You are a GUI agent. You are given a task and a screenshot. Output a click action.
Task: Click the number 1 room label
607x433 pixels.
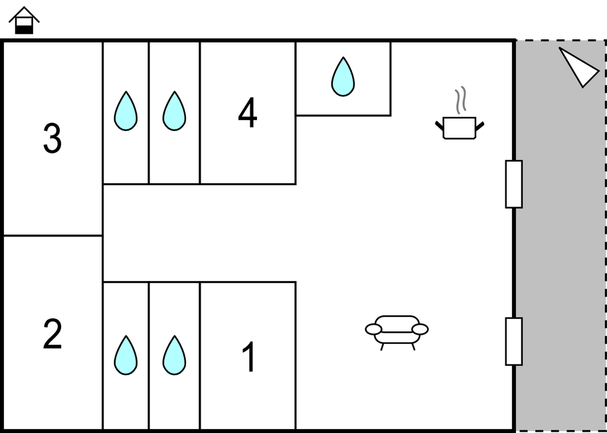tap(248, 358)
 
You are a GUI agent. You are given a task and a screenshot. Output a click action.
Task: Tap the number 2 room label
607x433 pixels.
tap(52, 334)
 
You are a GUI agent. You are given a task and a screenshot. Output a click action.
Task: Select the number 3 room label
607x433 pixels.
tap(52, 139)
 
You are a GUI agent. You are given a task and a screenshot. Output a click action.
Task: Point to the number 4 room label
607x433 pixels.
tap(248, 114)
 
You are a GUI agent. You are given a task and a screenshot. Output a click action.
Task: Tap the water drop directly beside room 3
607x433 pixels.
tap(126, 111)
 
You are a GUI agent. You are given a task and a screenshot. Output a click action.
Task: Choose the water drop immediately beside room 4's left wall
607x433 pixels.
tap(174, 111)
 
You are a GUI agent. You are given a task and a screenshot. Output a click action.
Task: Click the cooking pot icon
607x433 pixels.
tap(460, 127)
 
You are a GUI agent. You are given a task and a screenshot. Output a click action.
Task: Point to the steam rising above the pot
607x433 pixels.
tap(460, 100)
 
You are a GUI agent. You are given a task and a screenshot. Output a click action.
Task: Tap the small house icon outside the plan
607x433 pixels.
tap(24, 21)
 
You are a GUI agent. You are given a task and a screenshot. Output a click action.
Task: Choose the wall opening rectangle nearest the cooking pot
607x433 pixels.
tap(514, 184)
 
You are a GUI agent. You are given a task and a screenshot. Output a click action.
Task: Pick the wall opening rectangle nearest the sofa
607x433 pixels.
tap(514, 341)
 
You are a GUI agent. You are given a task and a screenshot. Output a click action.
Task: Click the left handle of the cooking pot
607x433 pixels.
tap(440, 124)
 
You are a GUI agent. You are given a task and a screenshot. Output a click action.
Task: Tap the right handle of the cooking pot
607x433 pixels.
tap(479, 124)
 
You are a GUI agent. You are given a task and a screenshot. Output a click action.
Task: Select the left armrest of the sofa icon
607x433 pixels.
tap(374, 329)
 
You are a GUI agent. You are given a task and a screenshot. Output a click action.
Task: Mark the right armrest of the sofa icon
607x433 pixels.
tap(420, 329)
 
